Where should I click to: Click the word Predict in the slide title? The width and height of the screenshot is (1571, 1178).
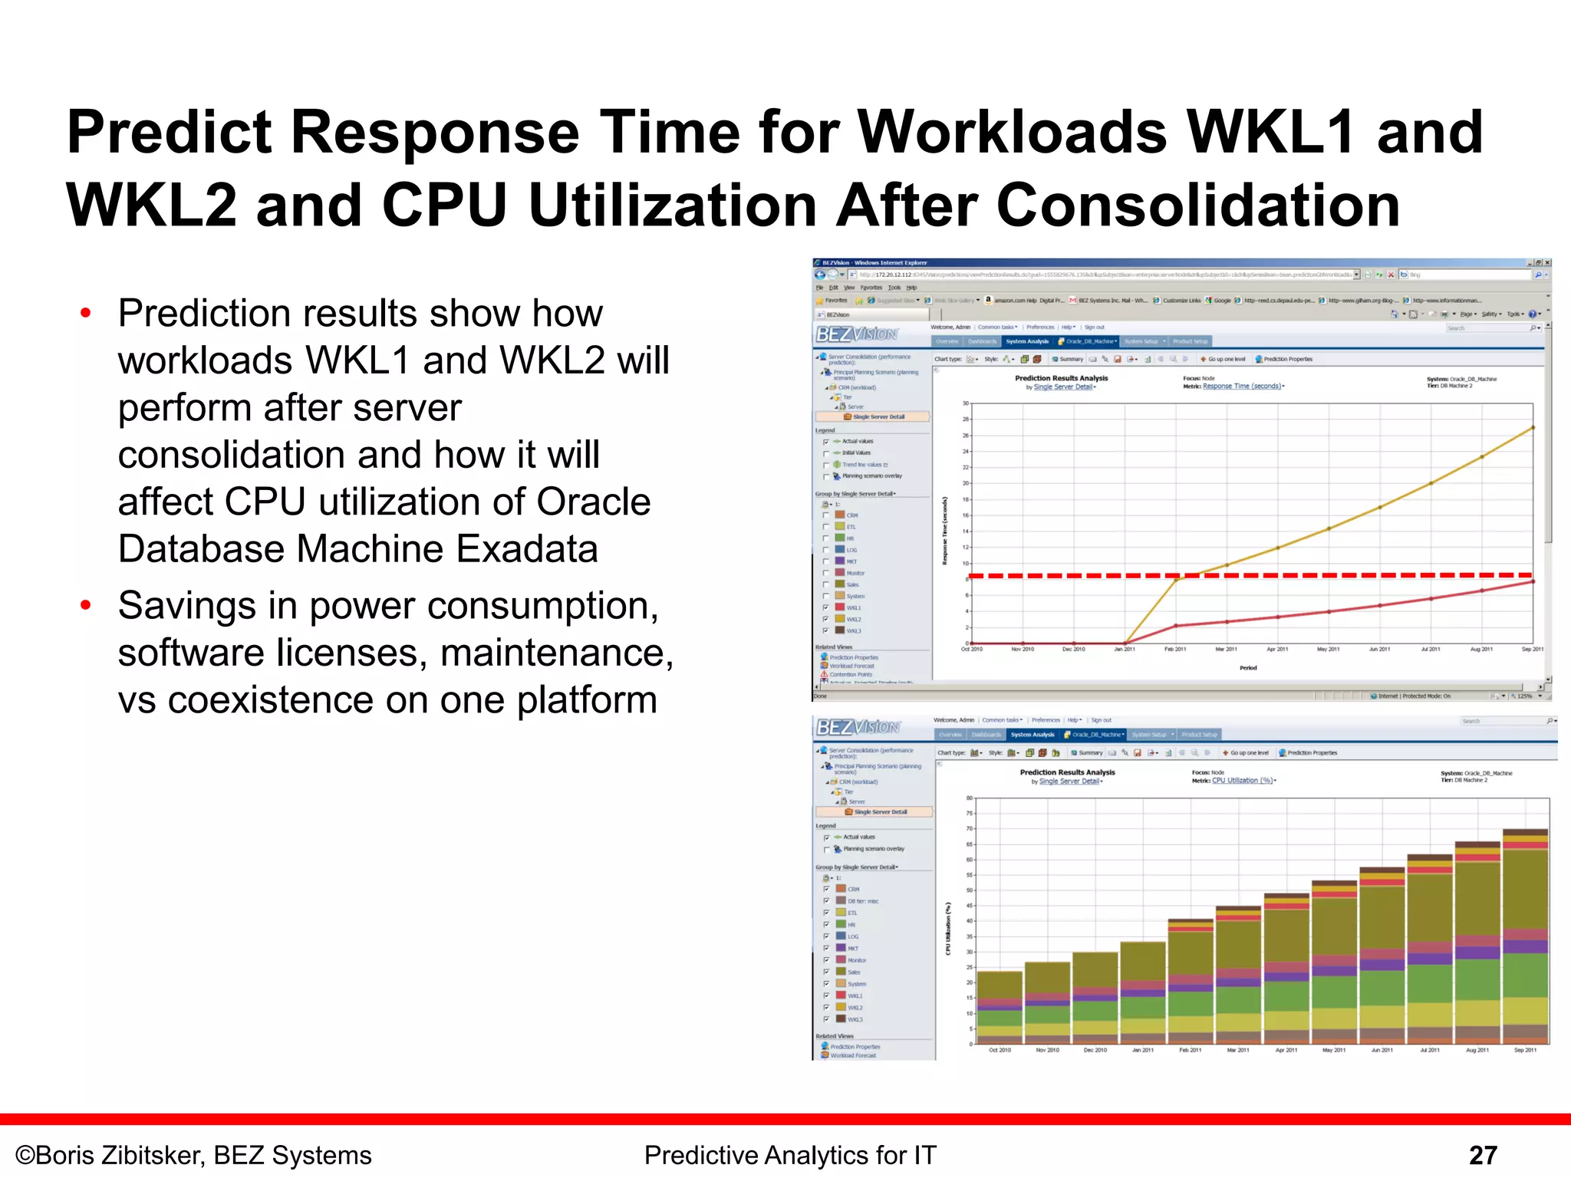pos(168,133)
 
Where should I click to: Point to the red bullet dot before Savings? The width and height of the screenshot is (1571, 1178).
pos(86,606)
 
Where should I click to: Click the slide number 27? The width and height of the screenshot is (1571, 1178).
pos(1483,1155)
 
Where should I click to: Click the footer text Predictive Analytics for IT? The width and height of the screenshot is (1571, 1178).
pos(790,1155)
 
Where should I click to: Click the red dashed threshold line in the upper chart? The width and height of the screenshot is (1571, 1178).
pos(1074,575)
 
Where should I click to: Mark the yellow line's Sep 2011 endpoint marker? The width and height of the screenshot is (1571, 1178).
pos(1533,428)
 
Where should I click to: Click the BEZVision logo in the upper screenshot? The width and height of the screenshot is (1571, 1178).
pos(857,334)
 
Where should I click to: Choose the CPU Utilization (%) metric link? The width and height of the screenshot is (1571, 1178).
pos(1243,781)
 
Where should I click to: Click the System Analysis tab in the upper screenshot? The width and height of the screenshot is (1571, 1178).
pos(1026,341)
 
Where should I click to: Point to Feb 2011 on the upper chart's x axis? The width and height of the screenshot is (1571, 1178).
pos(1175,650)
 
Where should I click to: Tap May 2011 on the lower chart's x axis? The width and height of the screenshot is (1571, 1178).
pos(1334,1050)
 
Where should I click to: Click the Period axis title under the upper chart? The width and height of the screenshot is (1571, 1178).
pos(1248,668)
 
